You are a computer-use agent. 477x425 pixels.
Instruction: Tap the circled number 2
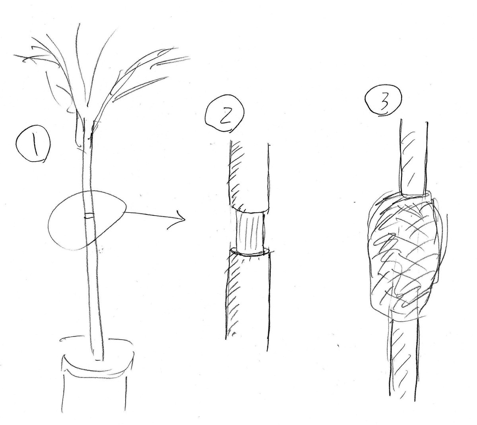(224, 117)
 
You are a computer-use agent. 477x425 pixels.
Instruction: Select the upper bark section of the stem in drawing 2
(249, 176)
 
